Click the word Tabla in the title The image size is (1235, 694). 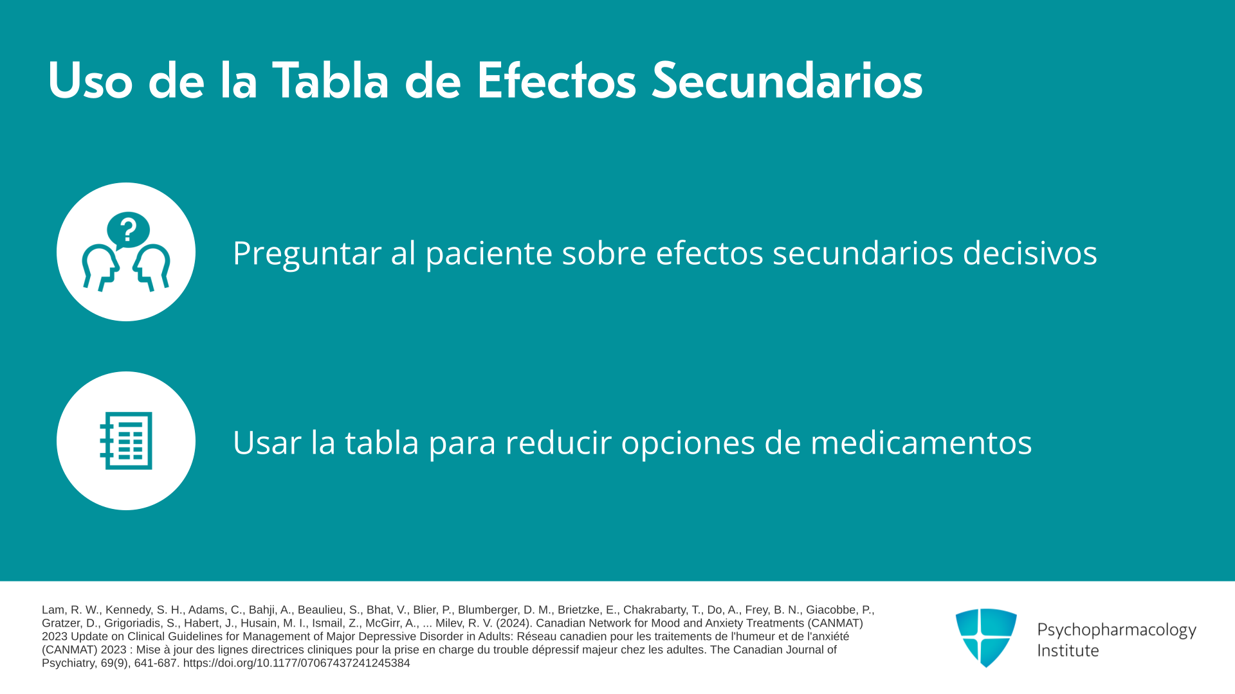pos(330,81)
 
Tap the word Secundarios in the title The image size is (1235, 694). pos(787,81)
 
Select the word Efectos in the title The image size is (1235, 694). pos(556,81)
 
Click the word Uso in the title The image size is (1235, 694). pos(90,81)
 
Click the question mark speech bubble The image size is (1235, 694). pos(128,230)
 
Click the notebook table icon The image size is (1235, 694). pos(126,441)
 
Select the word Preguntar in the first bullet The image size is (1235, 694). pos(307,253)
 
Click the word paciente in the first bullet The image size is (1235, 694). pos(489,253)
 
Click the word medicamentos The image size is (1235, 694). pos(921,442)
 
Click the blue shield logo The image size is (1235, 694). pos(986,637)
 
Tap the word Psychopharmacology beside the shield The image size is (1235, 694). pos(1117,630)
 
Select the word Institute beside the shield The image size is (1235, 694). pos(1068,651)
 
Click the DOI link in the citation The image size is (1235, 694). pos(297,663)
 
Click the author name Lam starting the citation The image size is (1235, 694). pos(53,610)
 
